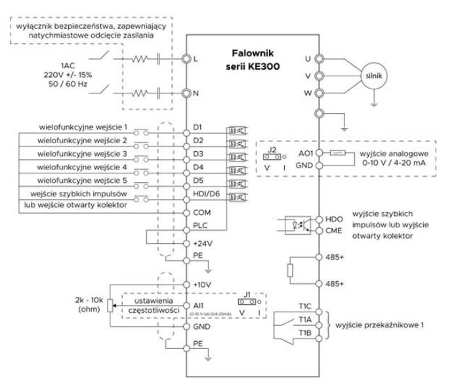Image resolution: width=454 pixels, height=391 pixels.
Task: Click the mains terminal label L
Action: click(x=196, y=58)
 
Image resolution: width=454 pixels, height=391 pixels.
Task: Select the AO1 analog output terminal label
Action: click(x=305, y=152)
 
